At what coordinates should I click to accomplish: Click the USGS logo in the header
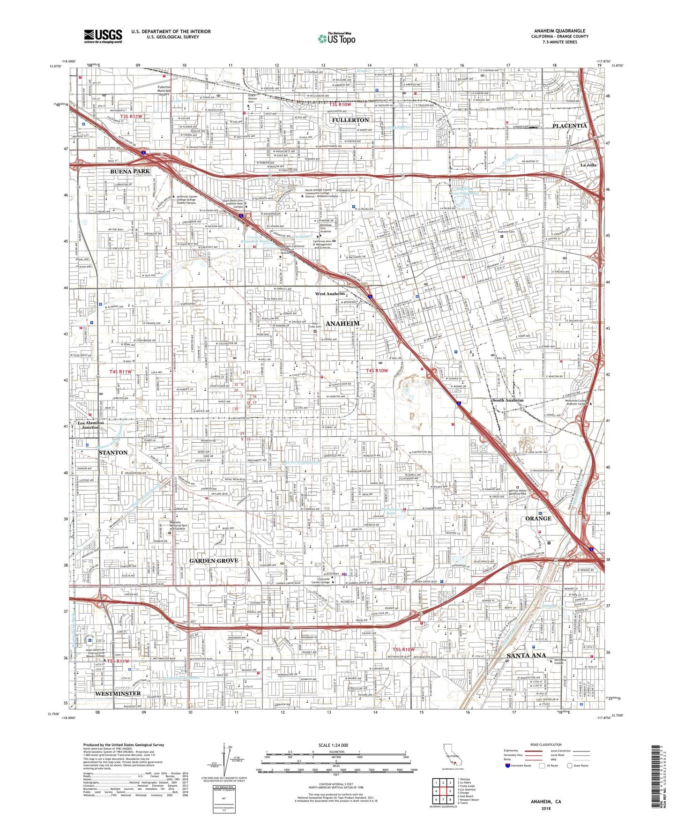[103, 36]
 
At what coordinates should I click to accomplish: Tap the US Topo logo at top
[336, 39]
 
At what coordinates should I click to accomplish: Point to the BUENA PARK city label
[130, 171]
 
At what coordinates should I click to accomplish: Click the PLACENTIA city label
[569, 126]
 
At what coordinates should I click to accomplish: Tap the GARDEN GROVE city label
[214, 561]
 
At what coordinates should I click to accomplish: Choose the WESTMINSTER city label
[118, 693]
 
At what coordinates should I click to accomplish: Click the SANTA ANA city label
[526, 655]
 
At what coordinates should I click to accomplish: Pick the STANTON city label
[113, 453]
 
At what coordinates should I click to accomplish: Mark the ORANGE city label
[538, 519]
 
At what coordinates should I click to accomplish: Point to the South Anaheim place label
[507, 401]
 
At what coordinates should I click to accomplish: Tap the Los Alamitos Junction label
[89, 425]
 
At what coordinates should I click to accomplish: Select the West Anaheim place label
[330, 294]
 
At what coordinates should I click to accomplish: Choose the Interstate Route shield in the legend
[508, 766]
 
